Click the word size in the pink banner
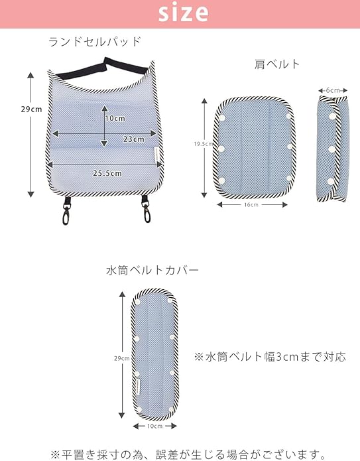(x=184, y=13)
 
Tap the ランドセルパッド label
(x=95, y=42)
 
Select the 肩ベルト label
(x=277, y=64)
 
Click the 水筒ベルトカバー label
(x=152, y=270)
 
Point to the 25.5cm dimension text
(x=107, y=173)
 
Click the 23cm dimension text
(x=134, y=139)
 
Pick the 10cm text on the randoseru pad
(x=115, y=118)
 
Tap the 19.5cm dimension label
(x=203, y=144)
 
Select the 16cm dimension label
(x=251, y=204)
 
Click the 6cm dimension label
(x=333, y=90)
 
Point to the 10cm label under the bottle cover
(x=155, y=426)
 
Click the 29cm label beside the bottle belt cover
(x=122, y=358)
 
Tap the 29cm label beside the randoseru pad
(x=31, y=109)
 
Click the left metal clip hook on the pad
(x=66, y=211)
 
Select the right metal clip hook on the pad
(x=146, y=210)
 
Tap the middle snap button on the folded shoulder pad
(x=331, y=149)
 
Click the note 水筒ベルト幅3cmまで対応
(x=270, y=357)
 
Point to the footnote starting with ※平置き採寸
(x=188, y=454)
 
